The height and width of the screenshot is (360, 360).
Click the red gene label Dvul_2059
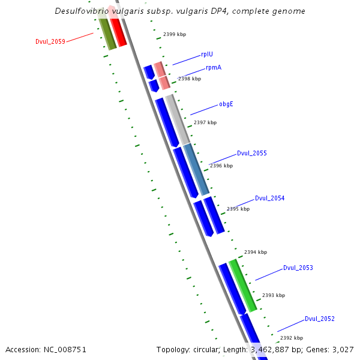50,41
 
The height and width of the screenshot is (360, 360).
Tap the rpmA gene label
213,67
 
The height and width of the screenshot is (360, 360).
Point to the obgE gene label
226,104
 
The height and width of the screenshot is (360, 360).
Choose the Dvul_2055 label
251,153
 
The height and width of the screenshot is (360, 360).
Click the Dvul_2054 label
269,198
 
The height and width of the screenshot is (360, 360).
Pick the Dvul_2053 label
298,268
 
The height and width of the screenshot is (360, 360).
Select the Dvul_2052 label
319,319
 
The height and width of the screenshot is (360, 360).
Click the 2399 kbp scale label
175,35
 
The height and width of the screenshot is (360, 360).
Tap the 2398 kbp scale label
190,79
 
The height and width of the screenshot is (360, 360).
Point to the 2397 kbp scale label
205,122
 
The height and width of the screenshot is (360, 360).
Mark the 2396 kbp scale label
221,166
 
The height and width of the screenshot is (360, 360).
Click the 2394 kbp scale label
256,252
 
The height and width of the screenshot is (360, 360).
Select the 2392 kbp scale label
292,338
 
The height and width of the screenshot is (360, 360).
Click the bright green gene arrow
243,285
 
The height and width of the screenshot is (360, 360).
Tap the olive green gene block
107,33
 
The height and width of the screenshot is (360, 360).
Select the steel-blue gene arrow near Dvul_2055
196,169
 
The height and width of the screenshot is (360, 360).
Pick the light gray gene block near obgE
176,118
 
